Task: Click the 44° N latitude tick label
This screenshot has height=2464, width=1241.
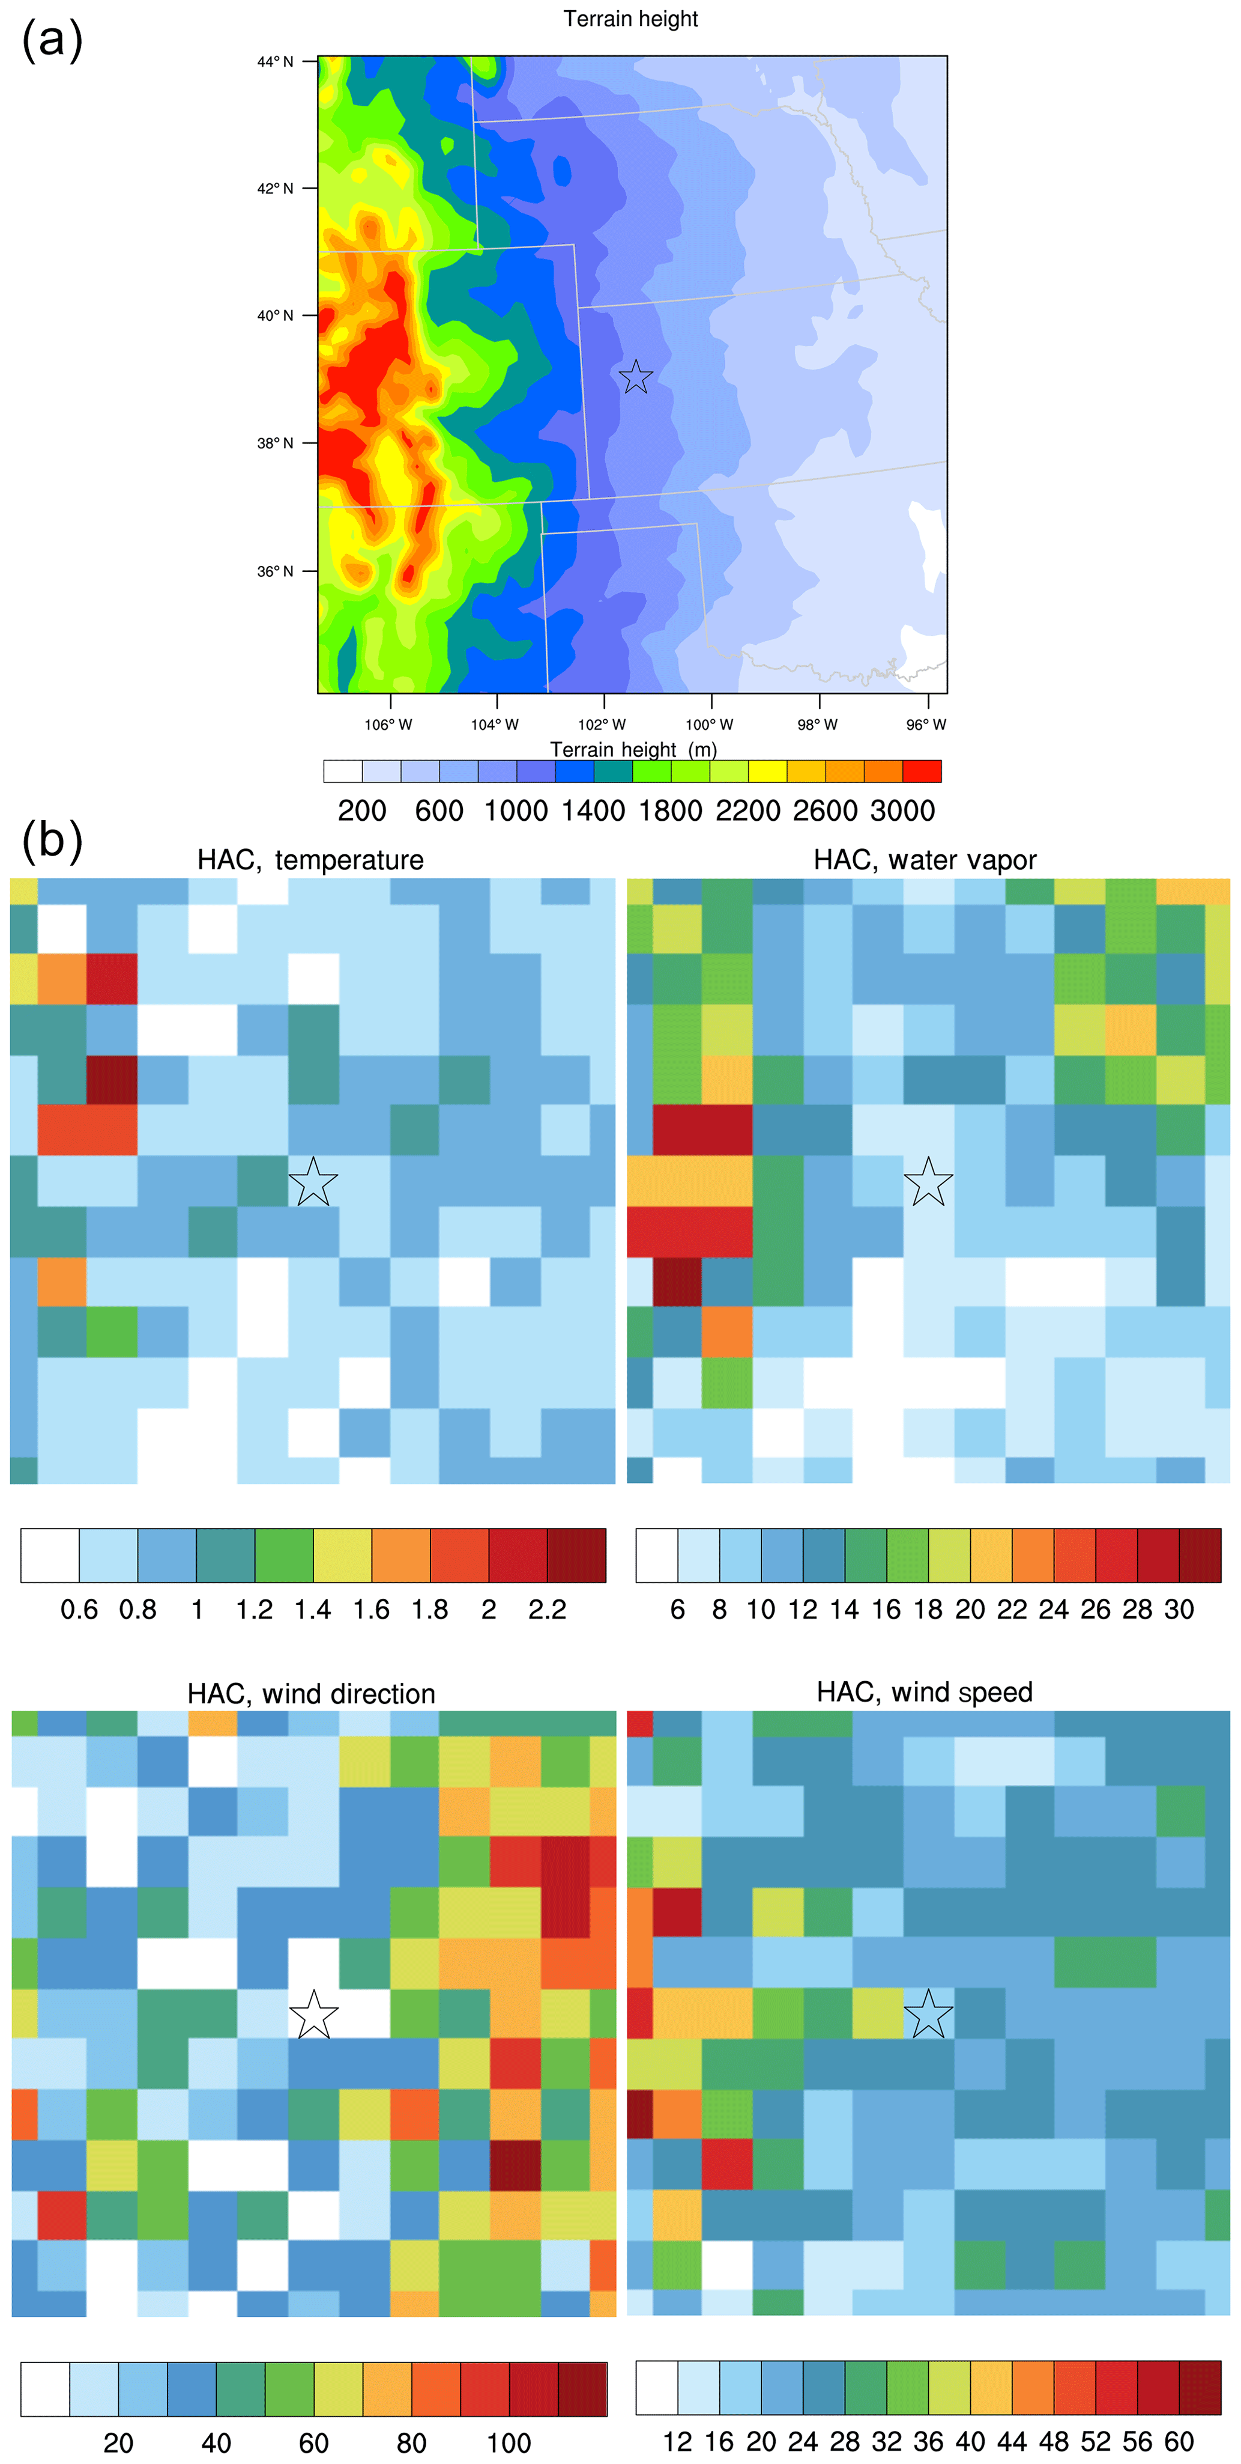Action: coord(274,62)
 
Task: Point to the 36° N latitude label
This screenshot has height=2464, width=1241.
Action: coord(274,571)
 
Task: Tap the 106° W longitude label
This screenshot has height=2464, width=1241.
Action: coord(388,724)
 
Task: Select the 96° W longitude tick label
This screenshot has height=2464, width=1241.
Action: coord(925,724)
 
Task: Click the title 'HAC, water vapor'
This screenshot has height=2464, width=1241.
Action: coord(925,860)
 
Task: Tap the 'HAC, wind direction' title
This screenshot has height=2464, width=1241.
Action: coord(311,1693)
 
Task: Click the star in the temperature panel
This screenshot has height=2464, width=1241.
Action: coord(313,1182)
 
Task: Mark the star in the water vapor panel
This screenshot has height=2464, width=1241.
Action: coord(928,1182)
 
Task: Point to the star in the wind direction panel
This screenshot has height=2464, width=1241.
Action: coord(313,2015)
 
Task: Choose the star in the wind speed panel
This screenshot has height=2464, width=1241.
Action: coord(928,2015)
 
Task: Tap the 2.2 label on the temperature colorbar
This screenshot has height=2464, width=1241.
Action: coord(547,1610)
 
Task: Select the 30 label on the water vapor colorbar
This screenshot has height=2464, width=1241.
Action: coord(1179,1610)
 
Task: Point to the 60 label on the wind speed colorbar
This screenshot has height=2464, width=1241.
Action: coord(1179,2442)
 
